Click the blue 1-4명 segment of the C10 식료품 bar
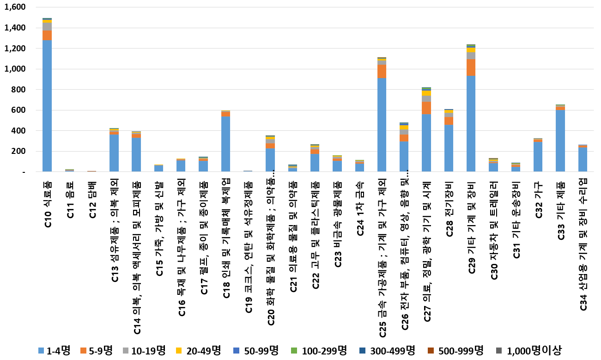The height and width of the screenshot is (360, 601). click(47, 106)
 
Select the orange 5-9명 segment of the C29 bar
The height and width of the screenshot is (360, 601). click(471, 67)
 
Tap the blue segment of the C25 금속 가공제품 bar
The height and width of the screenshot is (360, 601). click(382, 125)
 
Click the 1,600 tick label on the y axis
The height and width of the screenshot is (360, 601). click(17, 7)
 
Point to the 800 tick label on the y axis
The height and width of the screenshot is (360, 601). click(20, 90)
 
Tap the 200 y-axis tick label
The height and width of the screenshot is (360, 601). click(20, 152)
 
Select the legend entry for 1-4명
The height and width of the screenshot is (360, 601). click(55, 350)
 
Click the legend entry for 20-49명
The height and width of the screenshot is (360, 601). click(199, 350)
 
